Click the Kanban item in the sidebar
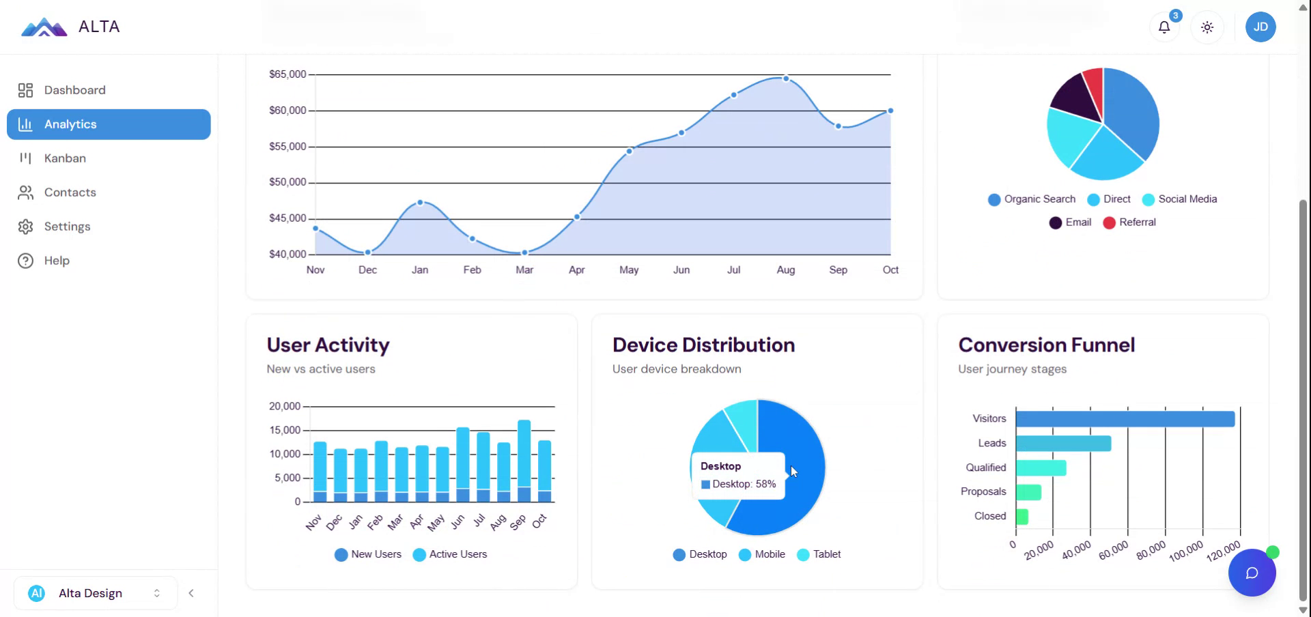pyautogui.click(x=65, y=158)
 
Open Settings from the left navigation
pyautogui.click(x=67, y=227)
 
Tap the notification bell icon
pyautogui.click(x=1164, y=27)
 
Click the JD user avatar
pyautogui.click(x=1260, y=27)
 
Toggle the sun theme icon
pyautogui.click(x=1207, y=27)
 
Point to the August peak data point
pyautogui.click(x=786, y=78)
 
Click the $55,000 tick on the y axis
pyautogui.click(x=287, y=147)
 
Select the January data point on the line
pyautogui.click(x=420, y=203)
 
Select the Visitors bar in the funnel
pyautogui.click(x=1125, y=419)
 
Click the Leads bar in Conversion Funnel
pyautogui.click(x=1063, y=444)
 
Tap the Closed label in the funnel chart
pyautogui.click(x=990, y=516)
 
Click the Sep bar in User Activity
pyautogui.click(x=524, y=457)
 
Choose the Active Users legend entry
pyautogui.click(x=457, y=554)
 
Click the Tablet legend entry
pyautogui.click(x=826, y=554)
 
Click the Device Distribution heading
pyautogui.click(x=703, y=345)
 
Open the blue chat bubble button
pyautogui.click(x=1252, y=573)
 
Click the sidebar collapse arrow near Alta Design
pyautogui.click(x=191, y=593)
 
